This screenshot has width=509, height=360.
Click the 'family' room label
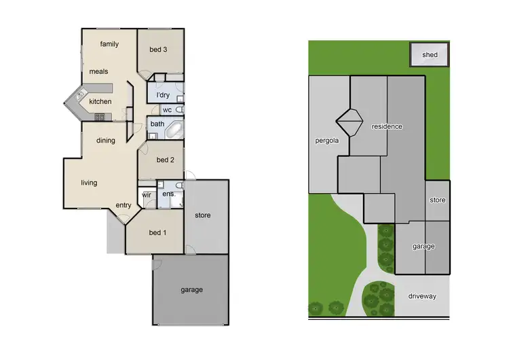pos(109,45)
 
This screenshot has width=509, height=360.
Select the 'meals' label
pos(98,71)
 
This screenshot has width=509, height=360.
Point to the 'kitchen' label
pos(100,102)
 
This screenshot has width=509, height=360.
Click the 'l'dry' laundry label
pos(163,95)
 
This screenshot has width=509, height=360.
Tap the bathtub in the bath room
pos(174,127)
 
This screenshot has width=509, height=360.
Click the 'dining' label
pos(105,141)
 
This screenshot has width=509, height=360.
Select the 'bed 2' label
pos(166,160)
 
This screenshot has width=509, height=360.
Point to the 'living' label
pos(89,183)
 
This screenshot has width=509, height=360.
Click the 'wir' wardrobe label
pos(147,195)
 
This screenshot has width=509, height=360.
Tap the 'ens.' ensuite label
pos(168,195)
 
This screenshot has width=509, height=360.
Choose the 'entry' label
pos(124,206)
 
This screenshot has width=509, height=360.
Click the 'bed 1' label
pos(157,233)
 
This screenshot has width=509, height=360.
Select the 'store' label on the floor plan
pos(202,215)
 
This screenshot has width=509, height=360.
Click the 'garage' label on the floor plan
pos(191,290)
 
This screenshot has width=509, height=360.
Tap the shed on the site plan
pos(430,55)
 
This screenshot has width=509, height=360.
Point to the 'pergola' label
pos(326,142)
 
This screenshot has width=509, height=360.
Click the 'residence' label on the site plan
pos(387,126)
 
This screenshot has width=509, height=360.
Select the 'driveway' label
pos(423,297)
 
